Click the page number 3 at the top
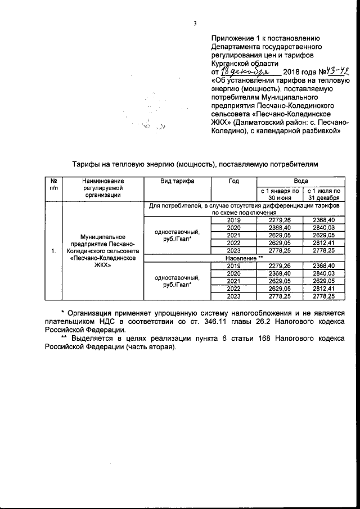coord(195,23)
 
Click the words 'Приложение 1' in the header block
coord(234,38)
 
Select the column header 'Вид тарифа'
coord(178,181)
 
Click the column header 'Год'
coord(234,181)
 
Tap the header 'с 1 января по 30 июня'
coord(279,195)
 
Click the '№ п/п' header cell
coord(54,184)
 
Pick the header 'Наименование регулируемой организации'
coord(102,188)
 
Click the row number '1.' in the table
coord(54,251)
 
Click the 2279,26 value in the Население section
coord(279,265)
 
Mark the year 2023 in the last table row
coord(234,295)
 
